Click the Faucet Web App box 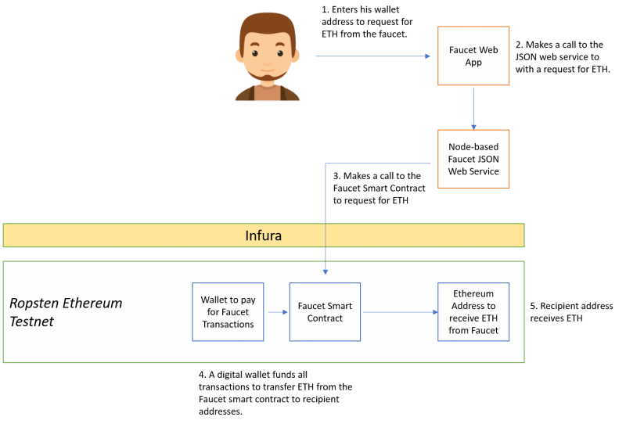pyautogui.click(x=473, y=56)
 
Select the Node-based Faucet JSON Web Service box pyautogui.click(x=473, y=159)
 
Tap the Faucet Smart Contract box pyautogui.click(x=325, y=311)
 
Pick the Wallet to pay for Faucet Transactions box pyautogui.click(x=228, y=311)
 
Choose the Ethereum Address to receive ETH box pyautogui.click(x=473, y=311)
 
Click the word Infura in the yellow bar pyautogui.click(x=263, y=235)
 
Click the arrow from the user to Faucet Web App pyautogui.click(x=372, y=56)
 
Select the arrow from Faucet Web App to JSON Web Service pyautogui.click(x=473, y=108)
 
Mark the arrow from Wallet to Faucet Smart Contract pyautogui.click(x=277, y=312)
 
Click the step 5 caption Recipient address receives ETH pyautogui.click(x=571, y=311)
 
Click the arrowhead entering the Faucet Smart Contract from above pyautogui.click(x=325, y=272)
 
